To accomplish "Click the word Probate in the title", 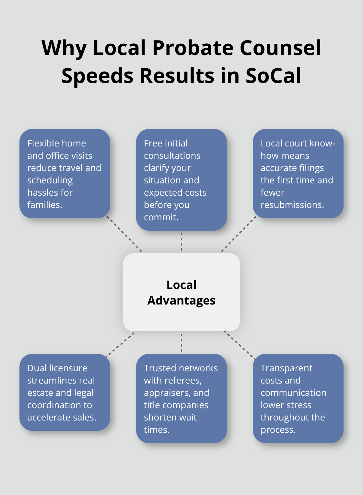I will (x=193, y=48).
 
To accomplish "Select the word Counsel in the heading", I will (x=280, y=48).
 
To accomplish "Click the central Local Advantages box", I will (x=181, y=292).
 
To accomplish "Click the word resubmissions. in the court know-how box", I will (x=292, y=205).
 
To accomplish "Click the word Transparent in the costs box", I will (x=287, y=368).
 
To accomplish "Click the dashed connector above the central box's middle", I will (x=181, y=242).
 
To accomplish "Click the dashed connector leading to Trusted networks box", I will (x=181, y=342).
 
